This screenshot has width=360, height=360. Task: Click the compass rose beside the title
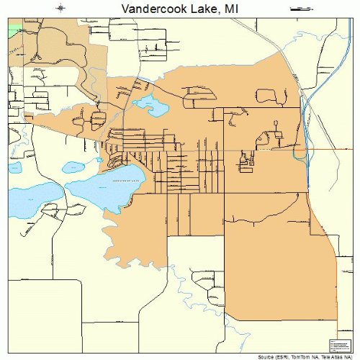(61, 8)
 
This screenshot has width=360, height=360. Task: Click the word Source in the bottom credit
(266, 356)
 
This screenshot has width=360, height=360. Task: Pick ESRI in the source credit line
(284, 356)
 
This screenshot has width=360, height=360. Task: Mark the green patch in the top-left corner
(14, 29)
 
